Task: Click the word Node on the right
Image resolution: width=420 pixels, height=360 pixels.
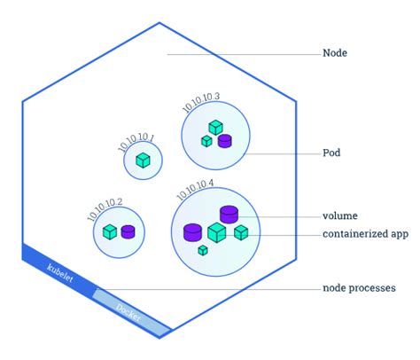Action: click(335, 53)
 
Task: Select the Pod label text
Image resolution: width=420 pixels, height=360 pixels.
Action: click(331, 153)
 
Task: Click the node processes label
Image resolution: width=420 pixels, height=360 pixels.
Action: click(359, 288)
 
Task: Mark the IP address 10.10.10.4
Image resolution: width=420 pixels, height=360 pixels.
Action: click(195, 189)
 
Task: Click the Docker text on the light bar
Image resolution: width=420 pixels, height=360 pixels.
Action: click(129, 312)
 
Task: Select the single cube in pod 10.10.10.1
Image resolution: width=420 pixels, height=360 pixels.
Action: click(143, 160)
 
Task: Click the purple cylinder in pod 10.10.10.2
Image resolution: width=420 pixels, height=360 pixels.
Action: click(128, 231)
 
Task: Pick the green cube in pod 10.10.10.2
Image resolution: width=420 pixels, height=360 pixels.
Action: click(110, 231)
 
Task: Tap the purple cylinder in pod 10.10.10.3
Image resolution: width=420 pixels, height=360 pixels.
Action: click(224, 140)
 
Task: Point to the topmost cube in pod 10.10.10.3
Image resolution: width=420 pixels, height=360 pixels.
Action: click(215, 128)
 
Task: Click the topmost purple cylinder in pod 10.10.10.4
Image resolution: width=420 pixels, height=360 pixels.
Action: click(229, 214)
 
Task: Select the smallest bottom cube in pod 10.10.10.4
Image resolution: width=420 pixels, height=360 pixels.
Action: click(203, 251)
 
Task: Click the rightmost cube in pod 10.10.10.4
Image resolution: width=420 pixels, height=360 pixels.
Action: click(241, 231)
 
